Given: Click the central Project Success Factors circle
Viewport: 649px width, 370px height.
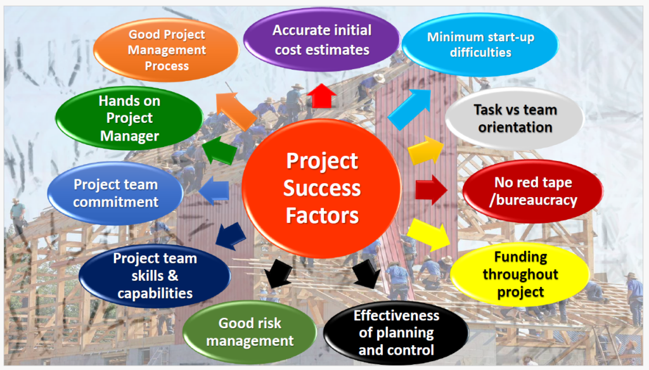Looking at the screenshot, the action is [x=321, y=189].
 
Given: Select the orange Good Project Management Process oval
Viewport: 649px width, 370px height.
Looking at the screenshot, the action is [x=167, y=50].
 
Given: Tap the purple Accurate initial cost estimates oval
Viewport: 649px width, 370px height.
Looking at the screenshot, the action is [x=321, y=40].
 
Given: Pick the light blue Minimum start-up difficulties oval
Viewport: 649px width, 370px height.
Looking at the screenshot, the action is [x=480, y=45].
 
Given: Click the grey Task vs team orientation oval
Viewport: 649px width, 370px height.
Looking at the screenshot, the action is [x=515, y=118].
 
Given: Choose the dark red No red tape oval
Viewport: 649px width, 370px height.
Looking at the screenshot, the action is [x=533, y=191].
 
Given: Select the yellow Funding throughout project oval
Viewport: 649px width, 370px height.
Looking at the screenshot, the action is [x=520, y=274].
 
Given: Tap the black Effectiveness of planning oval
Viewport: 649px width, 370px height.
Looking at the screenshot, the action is [x=396, y=333].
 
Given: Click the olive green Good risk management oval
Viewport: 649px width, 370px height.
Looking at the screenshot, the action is [x=250, y=332].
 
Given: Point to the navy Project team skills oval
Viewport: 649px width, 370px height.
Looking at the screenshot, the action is [x=155, y=276].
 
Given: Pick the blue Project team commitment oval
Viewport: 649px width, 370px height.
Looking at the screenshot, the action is [x=115, y=193].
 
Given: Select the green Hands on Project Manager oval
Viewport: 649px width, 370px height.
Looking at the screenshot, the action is [x=129, y=118].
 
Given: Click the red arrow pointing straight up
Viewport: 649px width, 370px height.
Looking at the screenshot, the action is [x=321, y=96].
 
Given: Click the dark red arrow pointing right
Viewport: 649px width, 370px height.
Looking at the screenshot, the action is [x=431, y=190].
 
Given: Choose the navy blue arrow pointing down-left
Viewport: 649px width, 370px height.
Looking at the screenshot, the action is [x=230, y=236].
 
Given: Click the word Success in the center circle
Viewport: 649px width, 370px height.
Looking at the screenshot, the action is [x=321, y=188].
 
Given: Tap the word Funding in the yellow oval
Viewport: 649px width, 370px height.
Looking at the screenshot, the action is [x=520, y=257].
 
